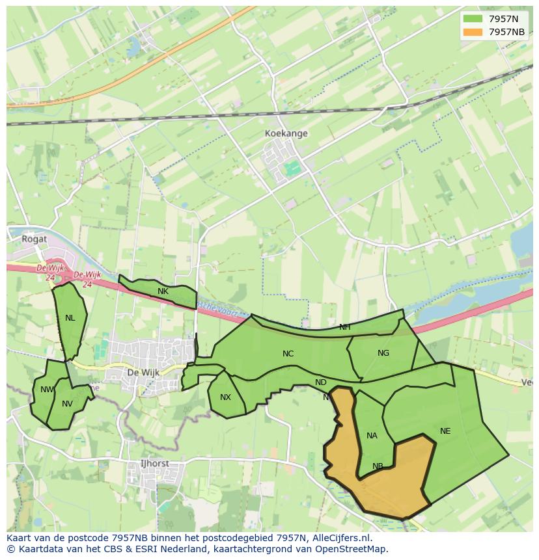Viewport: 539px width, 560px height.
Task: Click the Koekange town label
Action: (286, 133)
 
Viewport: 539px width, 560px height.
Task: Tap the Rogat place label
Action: (34, 239)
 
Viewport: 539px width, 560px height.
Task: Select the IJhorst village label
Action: (154, 464)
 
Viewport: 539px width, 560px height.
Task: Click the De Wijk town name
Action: (143, 373)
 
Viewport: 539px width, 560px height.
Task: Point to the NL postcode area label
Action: (70, 318)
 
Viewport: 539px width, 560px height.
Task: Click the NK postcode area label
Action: (163, 291)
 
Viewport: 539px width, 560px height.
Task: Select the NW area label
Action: (47, 390)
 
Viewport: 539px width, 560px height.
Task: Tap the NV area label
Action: (67, 404)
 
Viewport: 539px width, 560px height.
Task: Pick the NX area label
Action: (225, 397)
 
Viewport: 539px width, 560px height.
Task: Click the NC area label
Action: (288, 354)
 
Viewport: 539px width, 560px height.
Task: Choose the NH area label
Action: (344, 327)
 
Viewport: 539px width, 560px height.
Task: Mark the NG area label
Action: (383, 353)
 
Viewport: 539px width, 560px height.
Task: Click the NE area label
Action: (445, 431)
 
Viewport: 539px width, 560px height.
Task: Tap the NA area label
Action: (372, 436)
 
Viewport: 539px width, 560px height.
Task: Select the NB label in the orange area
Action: (378, 466)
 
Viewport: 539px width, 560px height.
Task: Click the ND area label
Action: (320, 382)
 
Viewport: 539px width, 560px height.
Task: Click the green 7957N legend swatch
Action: (473, 19)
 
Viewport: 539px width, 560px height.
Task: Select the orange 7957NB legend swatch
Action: (473, 32)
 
